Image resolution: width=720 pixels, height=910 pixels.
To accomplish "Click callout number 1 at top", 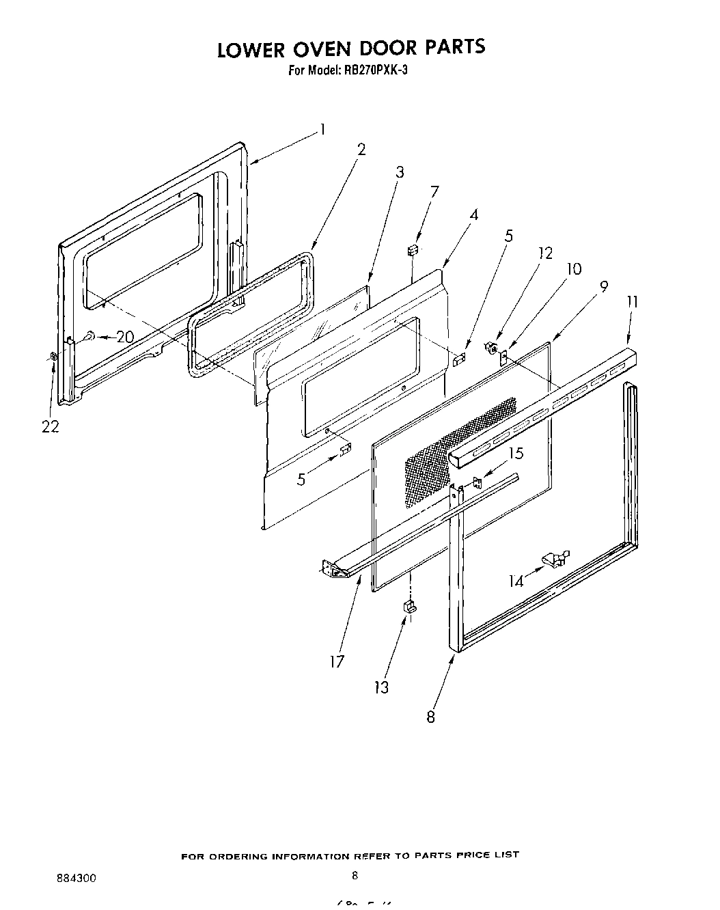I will click(322, 130).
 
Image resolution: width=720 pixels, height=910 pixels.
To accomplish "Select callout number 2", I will click(361, 150).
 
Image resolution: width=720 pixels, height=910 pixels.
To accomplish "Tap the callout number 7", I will click(434, 191).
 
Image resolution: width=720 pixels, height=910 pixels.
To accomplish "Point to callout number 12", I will click(545, 253).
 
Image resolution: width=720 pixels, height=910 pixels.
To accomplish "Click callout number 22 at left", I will click(50, 426).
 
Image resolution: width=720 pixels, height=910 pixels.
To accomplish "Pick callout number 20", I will click(124, 337).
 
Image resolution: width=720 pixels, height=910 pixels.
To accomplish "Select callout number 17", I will click(337, 661).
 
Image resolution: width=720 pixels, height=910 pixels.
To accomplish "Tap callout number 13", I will click(381, 687).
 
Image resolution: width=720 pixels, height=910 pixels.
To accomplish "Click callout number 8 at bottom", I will click(430, 717).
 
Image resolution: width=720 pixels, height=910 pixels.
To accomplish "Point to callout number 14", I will click(516, 581).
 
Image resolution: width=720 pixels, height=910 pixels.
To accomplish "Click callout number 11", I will click(633, 301).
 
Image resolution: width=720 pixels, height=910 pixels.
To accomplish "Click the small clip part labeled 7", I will click(413, 250).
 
